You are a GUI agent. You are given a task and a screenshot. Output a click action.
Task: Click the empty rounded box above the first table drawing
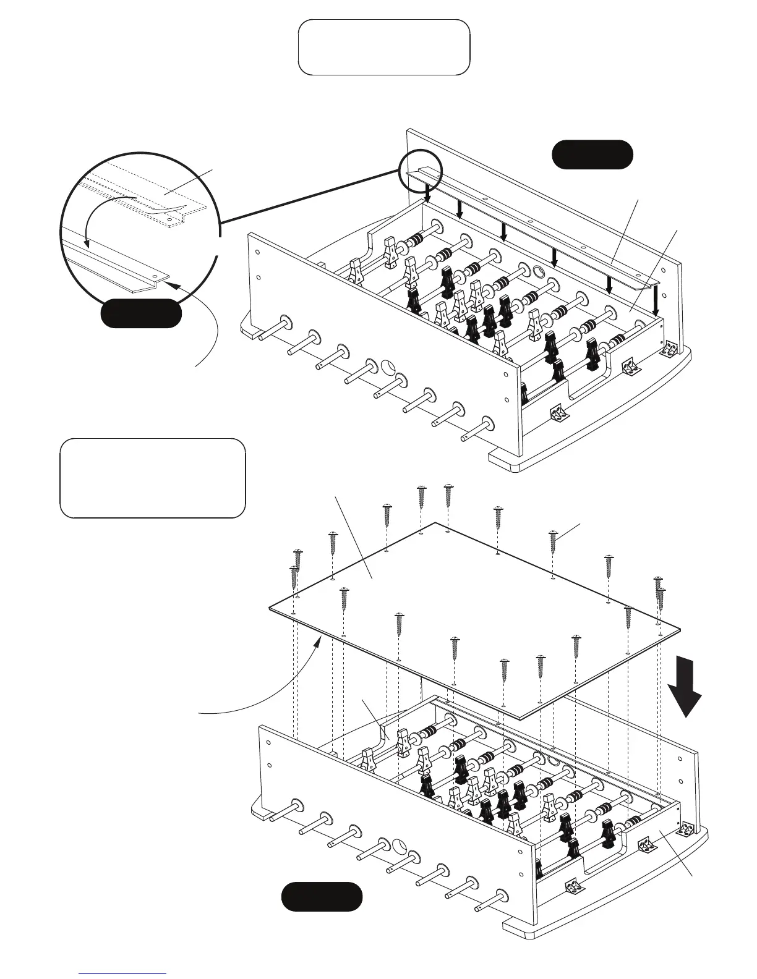click(383, 47)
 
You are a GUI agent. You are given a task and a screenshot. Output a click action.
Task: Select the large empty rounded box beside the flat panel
click(152, 478)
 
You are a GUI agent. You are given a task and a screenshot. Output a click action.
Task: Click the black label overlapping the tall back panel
click(592, 154)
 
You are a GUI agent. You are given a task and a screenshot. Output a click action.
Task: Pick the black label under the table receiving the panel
click(322, 897)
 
